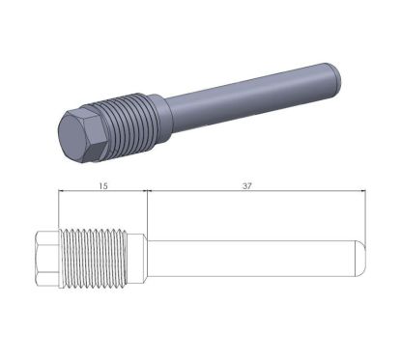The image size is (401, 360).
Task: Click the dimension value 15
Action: click(x=103, y=186)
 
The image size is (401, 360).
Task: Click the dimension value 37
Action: click(x=247, y=186)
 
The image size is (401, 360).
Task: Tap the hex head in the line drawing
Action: click(x=47, y=259)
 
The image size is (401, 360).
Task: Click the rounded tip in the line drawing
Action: click(x=360, y=259)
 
